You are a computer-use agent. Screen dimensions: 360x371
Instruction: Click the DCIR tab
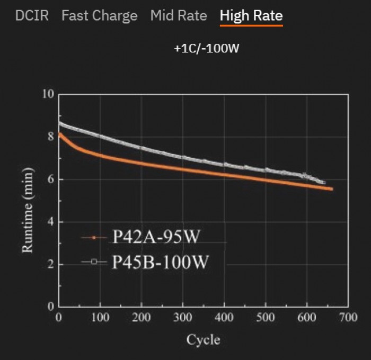pyautogui.click(x=32, y=15)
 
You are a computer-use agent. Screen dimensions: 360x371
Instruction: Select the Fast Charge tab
pyautogui.click(x=99, y=15)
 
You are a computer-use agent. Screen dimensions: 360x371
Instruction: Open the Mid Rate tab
pyautogui.click(x=179, y=15)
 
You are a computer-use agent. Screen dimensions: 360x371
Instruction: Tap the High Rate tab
pyautogui.click(x=251, y=15)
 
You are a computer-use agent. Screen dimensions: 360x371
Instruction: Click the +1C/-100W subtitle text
pyautogui.click(x=207, y=48)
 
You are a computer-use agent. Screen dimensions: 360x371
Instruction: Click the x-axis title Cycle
pyautogui.click(x=203, y=339)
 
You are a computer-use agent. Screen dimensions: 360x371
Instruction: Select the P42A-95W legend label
pyautogui.click(x=156, y=237)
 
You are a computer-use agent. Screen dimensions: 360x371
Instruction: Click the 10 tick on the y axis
pyautogui.click(x=48, y=95)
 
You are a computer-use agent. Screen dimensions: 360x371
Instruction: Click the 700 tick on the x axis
pyautogui.click(x=348, y=318)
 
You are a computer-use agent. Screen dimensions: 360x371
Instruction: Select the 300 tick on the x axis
pyautogui.click(x=182, y=318)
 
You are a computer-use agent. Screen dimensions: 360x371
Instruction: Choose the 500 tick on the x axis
pyautogui.click(x=265, y=318)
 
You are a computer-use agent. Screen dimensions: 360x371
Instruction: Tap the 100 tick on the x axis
pyautogui.click(x=100, y=318)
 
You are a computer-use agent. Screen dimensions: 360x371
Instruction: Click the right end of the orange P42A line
pyautogui.click(x=331, y=188)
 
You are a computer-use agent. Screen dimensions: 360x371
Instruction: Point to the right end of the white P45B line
pyautogui.click(x=324, y=182)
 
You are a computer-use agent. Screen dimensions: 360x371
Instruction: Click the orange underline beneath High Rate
pyautogui.click(x=251, y=25)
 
